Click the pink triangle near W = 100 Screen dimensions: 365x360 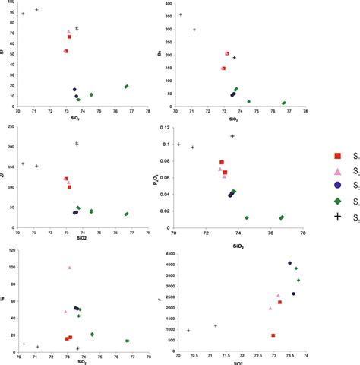[x=70, y=268]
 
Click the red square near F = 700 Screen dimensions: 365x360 [x=273, y=335]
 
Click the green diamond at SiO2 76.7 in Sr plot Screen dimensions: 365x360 [x=127, y=87]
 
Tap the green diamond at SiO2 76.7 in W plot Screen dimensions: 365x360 [x=127, y=341]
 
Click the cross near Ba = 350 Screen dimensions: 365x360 [x=180, y=14]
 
